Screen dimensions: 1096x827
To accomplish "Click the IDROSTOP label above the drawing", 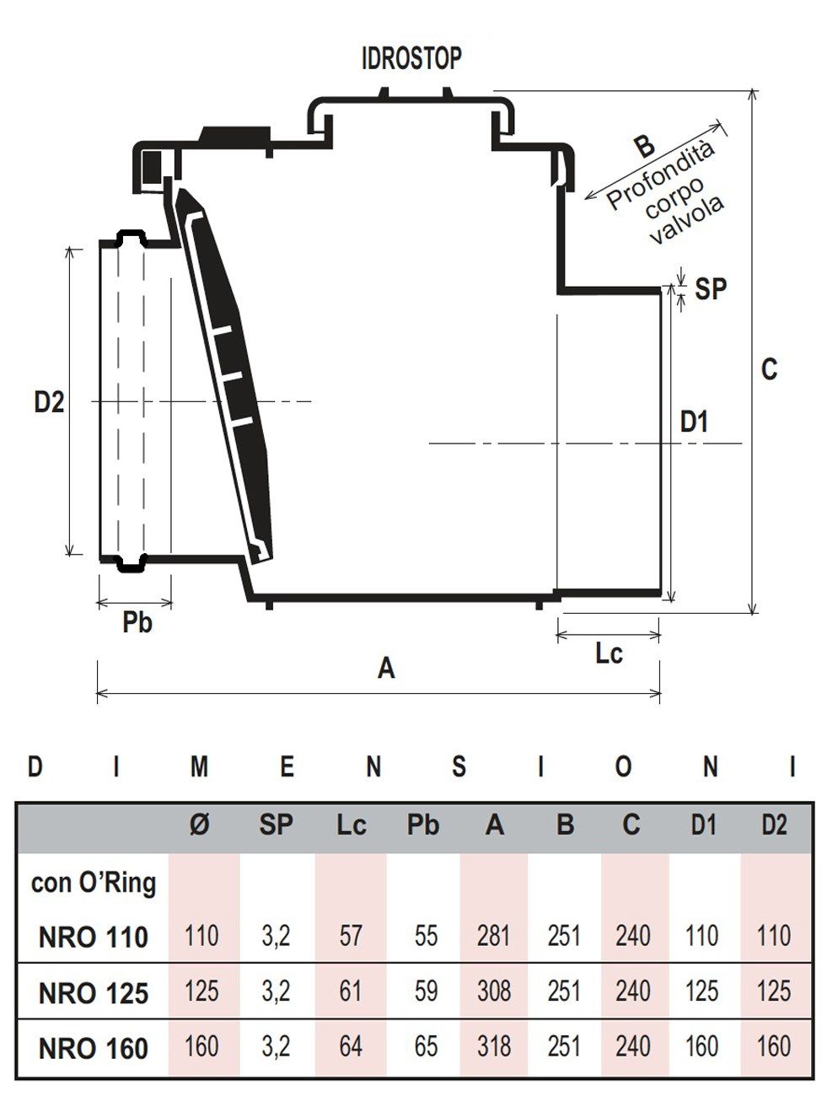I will click(411, 59).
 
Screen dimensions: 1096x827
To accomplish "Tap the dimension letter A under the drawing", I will click(386, 669).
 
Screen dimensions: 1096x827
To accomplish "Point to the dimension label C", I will click(769, 369).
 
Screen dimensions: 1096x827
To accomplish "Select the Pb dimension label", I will click(137, 624).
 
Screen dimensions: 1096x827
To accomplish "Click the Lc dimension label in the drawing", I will click(609, 653).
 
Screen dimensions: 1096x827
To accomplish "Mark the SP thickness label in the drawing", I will click(711, 288).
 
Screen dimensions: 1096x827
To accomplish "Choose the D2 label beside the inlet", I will click(49, 402).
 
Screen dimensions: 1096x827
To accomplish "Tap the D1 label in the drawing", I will click(694, 422).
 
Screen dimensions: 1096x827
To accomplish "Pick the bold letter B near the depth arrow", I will click(644, 145).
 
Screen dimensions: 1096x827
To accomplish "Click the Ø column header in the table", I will click(200, 825).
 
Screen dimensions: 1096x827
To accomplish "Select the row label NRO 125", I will click(94, 992).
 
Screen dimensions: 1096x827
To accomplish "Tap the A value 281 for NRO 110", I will click(493, 935).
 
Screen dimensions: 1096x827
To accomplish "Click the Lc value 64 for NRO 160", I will click(350, 1046).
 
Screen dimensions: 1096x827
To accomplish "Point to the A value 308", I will click(493, 991).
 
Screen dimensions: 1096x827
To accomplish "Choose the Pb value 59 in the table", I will click(425, 991).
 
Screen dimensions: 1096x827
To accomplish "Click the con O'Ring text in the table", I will click(94, 883).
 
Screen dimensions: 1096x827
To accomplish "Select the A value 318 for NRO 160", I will click(493, 1046).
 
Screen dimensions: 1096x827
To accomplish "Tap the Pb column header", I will click(423, 825).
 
